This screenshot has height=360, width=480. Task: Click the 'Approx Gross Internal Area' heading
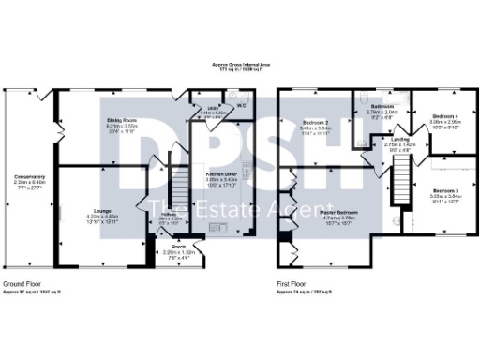(x=240, y=65)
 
